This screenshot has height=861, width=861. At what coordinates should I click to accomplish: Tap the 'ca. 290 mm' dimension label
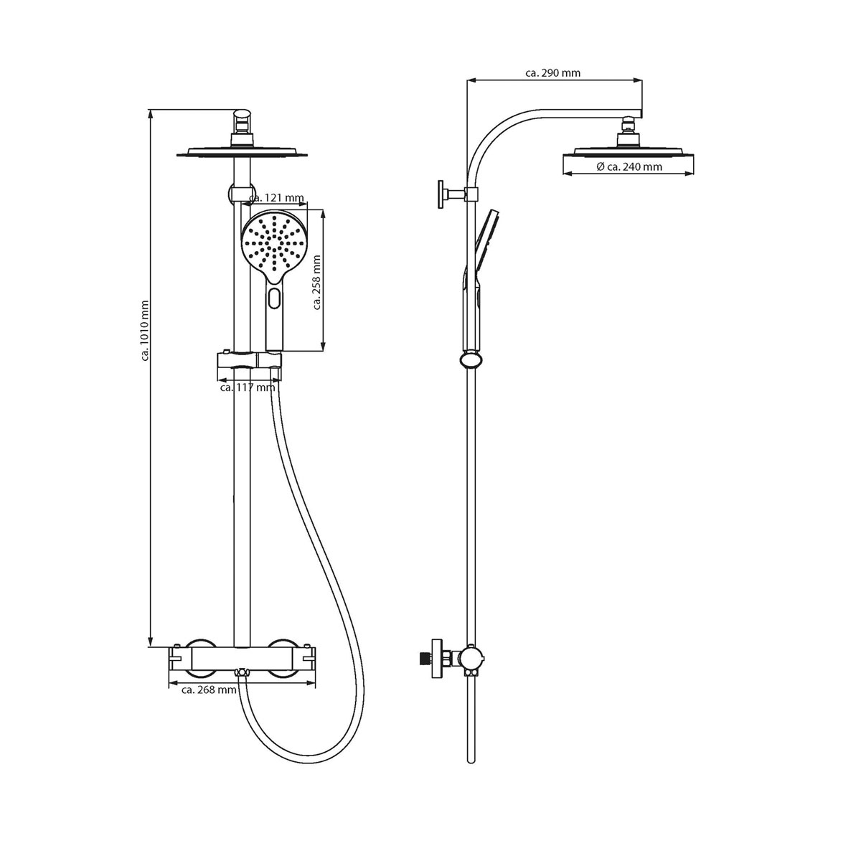pyautogui.click(x=552, y=73)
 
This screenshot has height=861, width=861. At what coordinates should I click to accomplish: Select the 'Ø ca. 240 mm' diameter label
pyautogui.click(x=629, y=166)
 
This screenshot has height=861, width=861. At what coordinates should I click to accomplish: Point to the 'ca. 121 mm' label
pyautogui.click(x=276, y=197)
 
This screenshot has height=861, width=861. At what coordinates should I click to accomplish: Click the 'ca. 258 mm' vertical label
pyautogui.click(x=317, y=283)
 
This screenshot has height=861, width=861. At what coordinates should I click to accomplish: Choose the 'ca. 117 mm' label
pyautogui.click(x=248, y=387)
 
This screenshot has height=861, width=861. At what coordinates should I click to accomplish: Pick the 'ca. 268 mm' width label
pyautogui.click(x=209, y=690)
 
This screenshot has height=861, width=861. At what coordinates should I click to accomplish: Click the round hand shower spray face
pyautogui.click(x=274, y=245)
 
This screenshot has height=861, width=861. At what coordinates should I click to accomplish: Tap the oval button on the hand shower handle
pyautogui.click(x=274, y=297)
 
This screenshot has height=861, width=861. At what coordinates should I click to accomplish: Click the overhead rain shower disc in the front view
pyautogui.click(x=243, y=153)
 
